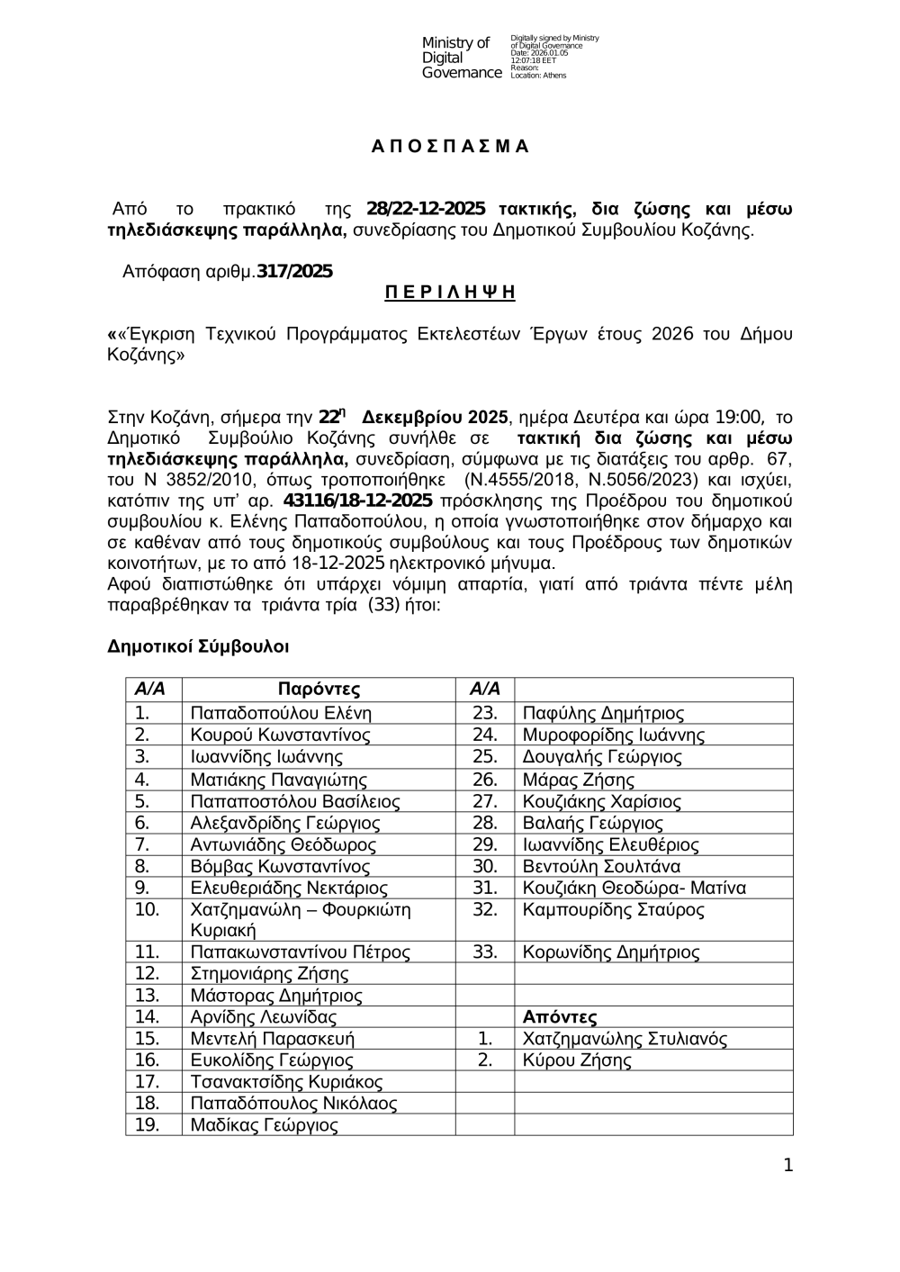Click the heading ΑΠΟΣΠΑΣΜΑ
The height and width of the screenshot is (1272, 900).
(x=450, y=147)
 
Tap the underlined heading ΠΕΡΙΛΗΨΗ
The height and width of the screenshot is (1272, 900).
(x=450, y=292)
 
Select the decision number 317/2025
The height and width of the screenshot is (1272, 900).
(x=294, y=271)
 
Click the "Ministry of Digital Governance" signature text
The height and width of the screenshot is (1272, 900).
(x=461, y=58)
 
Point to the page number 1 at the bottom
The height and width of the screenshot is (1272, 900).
(x=788, y=1166)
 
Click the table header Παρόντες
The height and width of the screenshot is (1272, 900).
(x=319, y=690)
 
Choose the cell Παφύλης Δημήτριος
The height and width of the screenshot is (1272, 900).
(x=603, y=713)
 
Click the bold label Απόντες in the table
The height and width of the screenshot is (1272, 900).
(x=560, y=1017)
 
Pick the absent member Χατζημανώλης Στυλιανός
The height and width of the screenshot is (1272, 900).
(x=625, y=1039)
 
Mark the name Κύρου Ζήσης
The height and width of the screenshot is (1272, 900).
(x=577, y=1060)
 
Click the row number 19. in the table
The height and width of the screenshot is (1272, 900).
(x=147, y=1125)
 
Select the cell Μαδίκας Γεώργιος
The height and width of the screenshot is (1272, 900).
(x=265, y=1125)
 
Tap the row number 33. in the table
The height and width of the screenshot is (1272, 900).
(x=485, y=952)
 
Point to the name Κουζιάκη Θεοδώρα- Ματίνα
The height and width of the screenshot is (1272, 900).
(x=634, y=888)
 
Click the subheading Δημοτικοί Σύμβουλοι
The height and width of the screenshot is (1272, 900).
(x=198, y=646)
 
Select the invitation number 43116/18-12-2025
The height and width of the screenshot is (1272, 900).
(x=357, y=501)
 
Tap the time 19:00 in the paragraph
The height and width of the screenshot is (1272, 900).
(x=742, y=418)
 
